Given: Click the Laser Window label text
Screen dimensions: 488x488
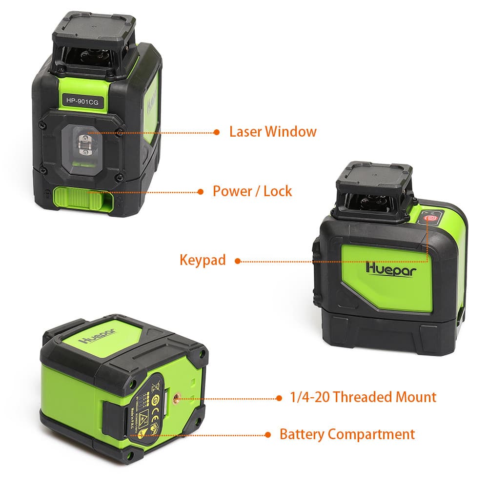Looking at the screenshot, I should click(x=273, y=132).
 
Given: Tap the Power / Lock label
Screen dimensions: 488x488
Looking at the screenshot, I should click(x=252, y=191).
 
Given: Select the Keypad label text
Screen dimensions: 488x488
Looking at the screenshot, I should click(x=203, y=260).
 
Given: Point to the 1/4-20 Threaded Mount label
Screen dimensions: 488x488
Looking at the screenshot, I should click(x=363, y=397).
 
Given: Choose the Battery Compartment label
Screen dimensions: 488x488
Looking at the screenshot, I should click(x=347, y=434).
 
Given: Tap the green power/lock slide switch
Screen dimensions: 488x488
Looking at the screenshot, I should click(x=81, y=199).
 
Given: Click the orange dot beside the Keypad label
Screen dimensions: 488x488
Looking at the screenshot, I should click(x=238, y=261).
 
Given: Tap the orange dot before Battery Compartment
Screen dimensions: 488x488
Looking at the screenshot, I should click(x=267, y=434).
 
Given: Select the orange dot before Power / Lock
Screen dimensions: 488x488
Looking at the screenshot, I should click(x=200, y=191).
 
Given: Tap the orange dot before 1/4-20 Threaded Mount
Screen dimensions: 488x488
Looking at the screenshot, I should click(x=279, y=398).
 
